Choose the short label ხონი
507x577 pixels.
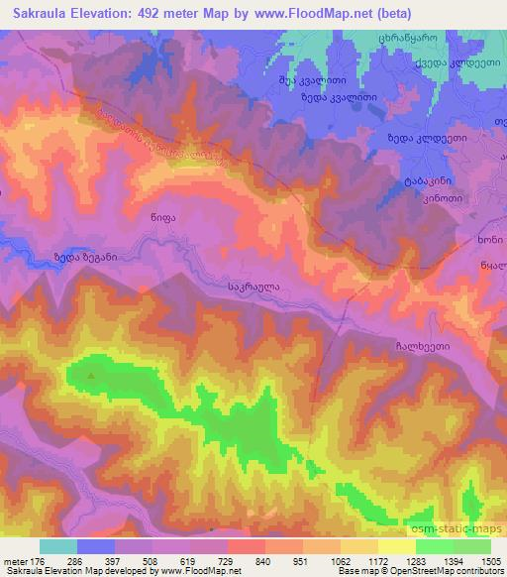click(x=481, y=241)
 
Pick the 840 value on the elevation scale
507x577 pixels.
click(x=263, y=561)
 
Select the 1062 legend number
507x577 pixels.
click(x=339, y=561)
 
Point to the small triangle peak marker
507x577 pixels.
click(x=92, y=376)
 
